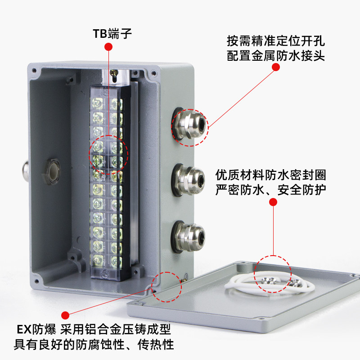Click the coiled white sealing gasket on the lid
[x=261, y=284]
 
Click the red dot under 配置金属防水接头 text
[x=276, y=67]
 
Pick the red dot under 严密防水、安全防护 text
[x=272, y=202]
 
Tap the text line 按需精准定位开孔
[x=276, y=41]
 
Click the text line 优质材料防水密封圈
[x=271, y=174]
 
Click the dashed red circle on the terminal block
[x=110, y=154]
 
